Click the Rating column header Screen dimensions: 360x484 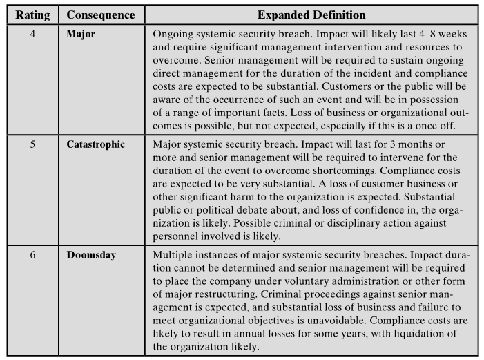[32, 15]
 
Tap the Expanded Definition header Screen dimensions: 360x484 [311, 15]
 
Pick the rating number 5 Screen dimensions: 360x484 [32, 145]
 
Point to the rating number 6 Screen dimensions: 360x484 [32, 255]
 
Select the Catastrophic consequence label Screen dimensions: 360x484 [96, 145]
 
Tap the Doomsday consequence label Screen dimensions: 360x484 [91, 255]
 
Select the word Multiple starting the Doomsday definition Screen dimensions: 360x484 [174, 255]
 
